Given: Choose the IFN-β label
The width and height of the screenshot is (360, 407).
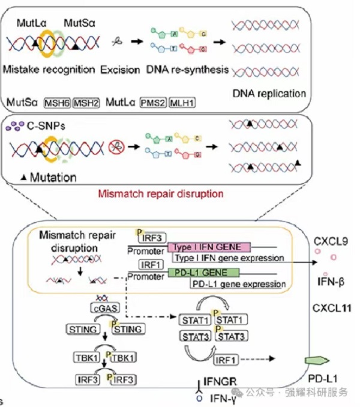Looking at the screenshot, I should pos(329,281).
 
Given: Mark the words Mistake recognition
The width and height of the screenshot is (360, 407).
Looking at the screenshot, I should pos(49,69).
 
